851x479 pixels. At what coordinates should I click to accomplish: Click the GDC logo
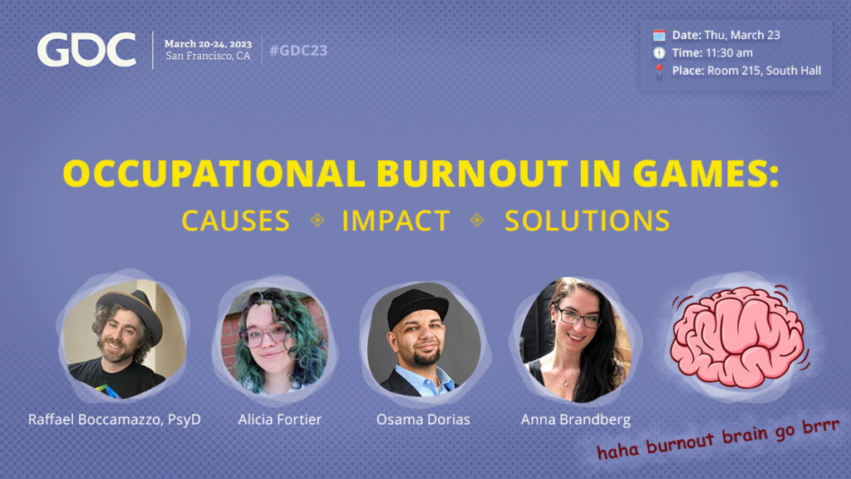(86, 50)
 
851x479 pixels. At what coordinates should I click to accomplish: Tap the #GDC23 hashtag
(298, 51)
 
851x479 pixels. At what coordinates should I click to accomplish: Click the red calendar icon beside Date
(659, 35)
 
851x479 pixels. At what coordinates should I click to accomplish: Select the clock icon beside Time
(659, 52)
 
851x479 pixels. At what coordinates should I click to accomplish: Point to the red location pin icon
(659, 72)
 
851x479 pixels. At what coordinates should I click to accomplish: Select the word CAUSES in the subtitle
(235, 220)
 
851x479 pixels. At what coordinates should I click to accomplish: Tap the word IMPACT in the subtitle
(396, 220)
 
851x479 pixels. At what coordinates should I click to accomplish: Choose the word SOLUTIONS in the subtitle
(588, 220)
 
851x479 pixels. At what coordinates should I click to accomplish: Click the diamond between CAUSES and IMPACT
(317, 220)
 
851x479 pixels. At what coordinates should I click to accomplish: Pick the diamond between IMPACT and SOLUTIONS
(477, 220)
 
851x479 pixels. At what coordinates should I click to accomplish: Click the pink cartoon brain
(737, 338)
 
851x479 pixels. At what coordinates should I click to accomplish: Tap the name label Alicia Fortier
(279, 419)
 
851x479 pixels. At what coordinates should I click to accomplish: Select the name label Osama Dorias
(423, 419)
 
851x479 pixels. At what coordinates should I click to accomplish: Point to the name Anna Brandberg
(575, 420)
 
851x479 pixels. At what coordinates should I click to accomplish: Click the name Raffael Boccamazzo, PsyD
(115, 420)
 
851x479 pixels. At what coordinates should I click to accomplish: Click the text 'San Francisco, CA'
(208, 56)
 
